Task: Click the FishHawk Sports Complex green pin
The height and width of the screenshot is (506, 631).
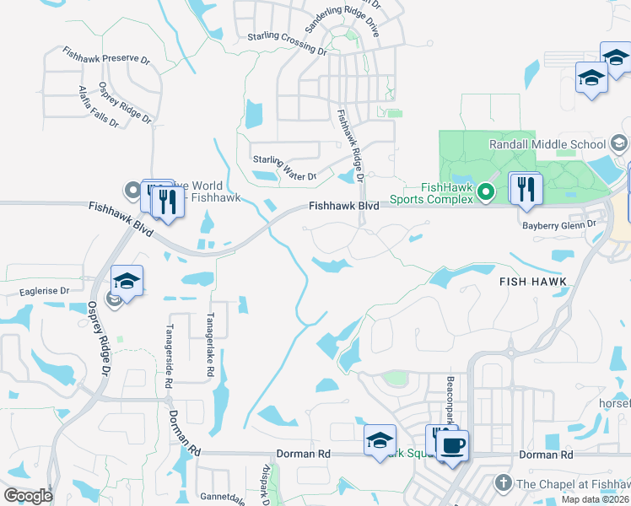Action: click(x=485, y=193)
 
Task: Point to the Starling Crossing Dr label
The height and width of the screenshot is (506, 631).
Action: click(x=287, y=42)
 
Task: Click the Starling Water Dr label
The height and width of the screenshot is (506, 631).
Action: click(x=284, y=169)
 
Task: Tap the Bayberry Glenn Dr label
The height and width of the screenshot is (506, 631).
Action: click(x=559, y=223)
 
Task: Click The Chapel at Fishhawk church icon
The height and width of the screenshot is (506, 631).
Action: click(x=503, y=482)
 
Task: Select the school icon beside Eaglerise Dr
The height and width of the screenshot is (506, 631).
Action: click(x=127, y=281)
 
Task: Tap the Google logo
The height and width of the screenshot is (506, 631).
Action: click(x=28, y=495)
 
